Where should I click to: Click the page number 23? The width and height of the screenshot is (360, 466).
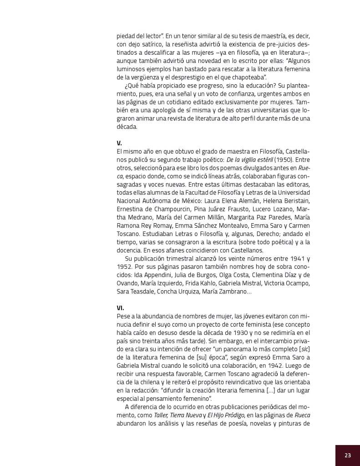348,455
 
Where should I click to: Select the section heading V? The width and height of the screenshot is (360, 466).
119,143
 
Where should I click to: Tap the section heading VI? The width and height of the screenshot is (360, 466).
120,307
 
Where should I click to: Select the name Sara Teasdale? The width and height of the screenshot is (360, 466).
135,291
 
